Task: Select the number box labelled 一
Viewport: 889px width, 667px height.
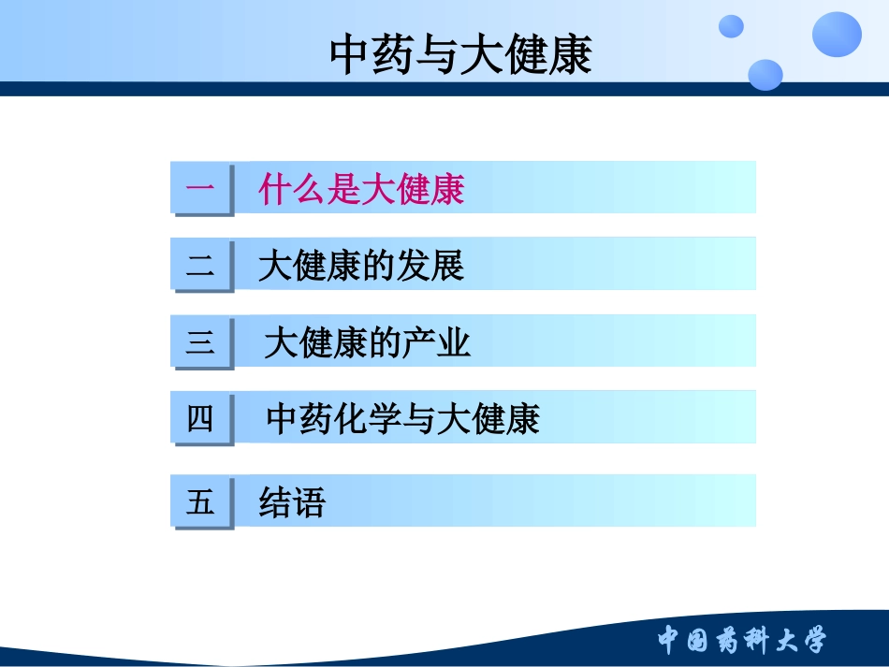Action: point(200,188)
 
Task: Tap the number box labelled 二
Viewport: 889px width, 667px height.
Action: point(200,265)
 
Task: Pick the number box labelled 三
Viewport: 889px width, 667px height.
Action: point(200,342)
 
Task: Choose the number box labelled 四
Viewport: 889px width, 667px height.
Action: point(200,418)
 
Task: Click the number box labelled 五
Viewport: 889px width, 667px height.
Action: point(200,502)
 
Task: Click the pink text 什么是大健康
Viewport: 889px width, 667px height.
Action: point(361,190)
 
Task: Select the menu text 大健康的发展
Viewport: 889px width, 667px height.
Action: point(361,267)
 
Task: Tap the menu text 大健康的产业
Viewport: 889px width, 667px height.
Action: point(367,343)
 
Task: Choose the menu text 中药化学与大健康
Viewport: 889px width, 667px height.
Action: point(402,419)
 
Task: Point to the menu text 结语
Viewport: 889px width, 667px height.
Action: point(292,503)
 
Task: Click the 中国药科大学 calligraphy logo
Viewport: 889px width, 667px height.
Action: point(741,641)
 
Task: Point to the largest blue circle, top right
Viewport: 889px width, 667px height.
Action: point(836,35)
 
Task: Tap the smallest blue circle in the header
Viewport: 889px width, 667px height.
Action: point(731,26)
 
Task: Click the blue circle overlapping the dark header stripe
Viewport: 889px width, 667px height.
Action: point(765,75)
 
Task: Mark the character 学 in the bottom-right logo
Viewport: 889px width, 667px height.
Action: point(810,641)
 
